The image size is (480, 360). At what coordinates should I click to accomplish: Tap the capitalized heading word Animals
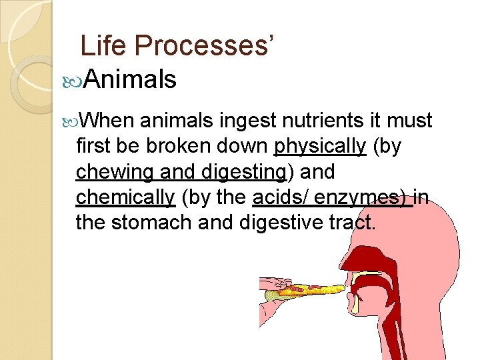[x=131, y=80]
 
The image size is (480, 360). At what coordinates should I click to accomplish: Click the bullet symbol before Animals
[x=75, y=81]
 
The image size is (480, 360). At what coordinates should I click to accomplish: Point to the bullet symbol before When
[x=75, y=121]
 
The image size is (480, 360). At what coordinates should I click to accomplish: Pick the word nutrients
[x=323, y=121]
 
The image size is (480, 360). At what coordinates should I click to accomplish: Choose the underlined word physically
[x=320, y=146]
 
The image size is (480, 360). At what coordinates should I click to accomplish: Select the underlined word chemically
[x=125, y=197]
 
